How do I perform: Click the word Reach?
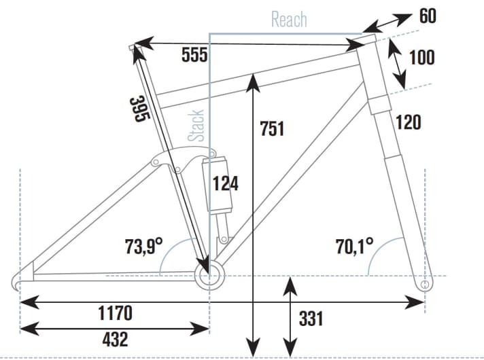click(289, 19)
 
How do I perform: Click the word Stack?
click(196, 125)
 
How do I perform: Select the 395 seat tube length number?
click(139, 109)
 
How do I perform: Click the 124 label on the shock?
click(226, 183)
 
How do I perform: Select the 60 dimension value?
click(428, 16)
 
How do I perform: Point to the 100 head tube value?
click(422, 56)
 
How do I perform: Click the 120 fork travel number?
click(408, 122)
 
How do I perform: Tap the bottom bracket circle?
click(209, 275)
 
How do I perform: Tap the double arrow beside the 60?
click(389, 22)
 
